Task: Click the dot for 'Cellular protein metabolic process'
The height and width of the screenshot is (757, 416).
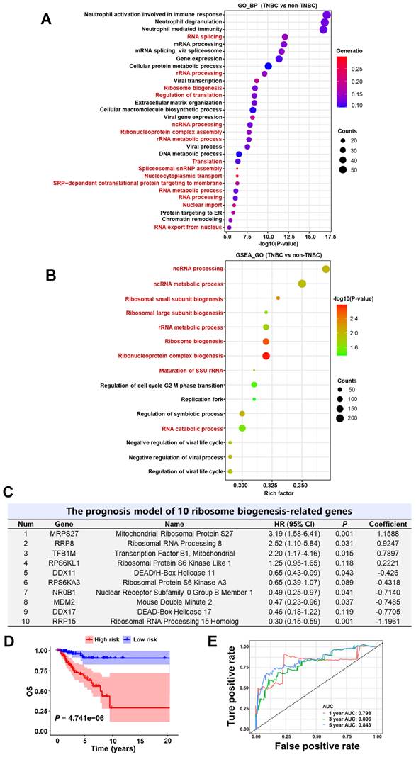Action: [268, 66]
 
